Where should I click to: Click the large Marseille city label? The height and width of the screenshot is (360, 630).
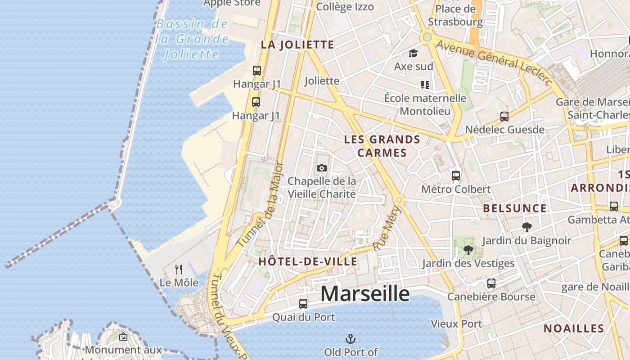365,294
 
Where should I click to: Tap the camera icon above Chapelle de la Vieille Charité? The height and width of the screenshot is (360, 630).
322,168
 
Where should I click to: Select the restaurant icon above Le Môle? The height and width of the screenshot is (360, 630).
179,270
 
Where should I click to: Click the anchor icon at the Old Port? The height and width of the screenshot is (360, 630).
351,338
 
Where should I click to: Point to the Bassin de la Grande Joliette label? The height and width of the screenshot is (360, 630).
193,39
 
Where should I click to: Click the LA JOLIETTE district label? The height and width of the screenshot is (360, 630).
297,45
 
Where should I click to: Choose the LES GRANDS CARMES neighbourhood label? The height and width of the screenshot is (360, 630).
382,146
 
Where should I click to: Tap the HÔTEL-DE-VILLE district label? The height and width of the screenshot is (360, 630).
308,261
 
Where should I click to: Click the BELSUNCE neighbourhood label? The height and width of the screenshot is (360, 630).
515,208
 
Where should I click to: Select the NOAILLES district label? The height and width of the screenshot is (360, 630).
574,328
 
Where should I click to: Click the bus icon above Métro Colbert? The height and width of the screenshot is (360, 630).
456,175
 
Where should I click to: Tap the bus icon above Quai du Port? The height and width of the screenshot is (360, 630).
303,304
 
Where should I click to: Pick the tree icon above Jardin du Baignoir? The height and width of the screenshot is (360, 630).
526,227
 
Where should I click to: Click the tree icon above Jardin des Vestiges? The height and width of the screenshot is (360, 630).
468,250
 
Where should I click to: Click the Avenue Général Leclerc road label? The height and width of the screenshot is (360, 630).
494,62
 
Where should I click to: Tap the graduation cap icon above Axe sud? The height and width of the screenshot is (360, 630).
413,54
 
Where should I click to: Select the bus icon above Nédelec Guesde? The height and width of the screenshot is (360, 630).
504,117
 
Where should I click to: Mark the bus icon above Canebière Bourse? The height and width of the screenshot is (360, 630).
491,283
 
